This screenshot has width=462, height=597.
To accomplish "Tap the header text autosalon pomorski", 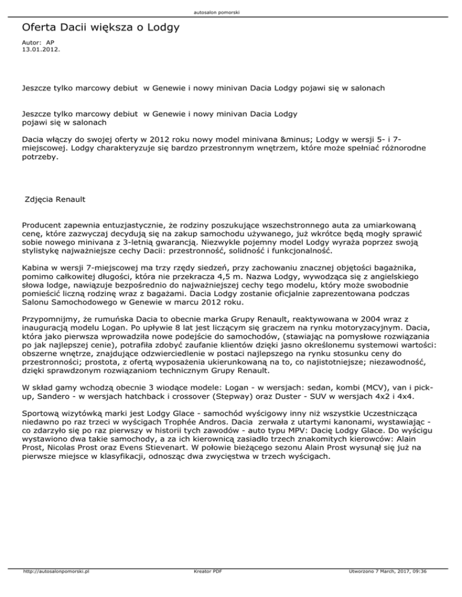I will pos(230,11).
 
